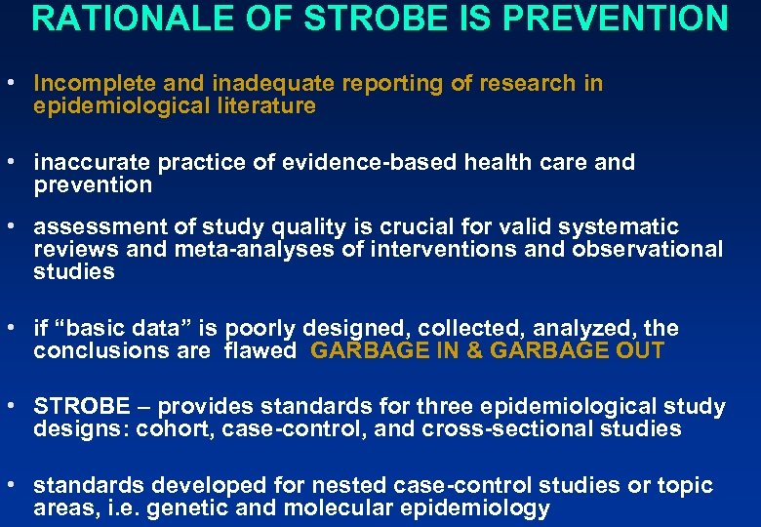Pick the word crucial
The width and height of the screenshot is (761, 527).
coord(416,225)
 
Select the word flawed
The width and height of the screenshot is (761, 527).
coord(260,351)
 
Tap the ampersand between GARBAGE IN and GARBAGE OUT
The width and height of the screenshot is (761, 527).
coord(474,351)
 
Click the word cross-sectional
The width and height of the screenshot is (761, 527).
coord(517,429)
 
